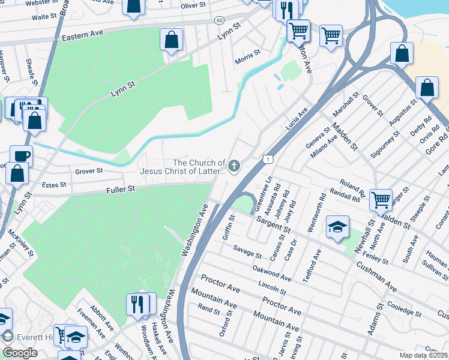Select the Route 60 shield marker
pyautogui.click(x=219, y=20)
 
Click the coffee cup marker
pyautogui.click(x=21, y=156)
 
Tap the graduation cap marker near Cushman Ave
pyautogui.click(x=337, y=227)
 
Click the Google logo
pyautogui.click(x=20, y=353)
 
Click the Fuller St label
pyautogui.click(x=119, y=188)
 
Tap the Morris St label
pyautogui.click(x=248, y=57)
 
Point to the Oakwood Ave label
pyautogui.click(x=272, y=272)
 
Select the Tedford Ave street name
pyautogui.click(x=310, y=260)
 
